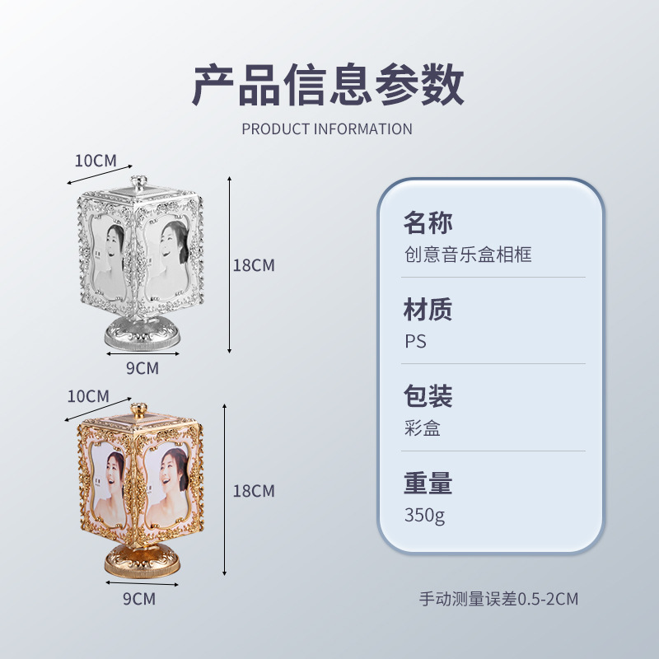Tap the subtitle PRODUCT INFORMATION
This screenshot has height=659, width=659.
tap(327, 129)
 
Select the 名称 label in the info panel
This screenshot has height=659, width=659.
tap(428, 222)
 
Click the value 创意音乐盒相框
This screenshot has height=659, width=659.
tap(467, 255)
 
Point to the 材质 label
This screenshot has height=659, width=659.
tap(428, 310)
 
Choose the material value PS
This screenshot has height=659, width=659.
tap(415, 341)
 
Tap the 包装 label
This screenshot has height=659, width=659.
tap(428, 396)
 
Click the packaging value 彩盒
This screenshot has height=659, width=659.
tap(422, 428)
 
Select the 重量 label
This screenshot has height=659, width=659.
tap(428, 483)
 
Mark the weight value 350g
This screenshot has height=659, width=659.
tap(425, 516)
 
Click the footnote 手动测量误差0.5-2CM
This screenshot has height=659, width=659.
tap(498, 599)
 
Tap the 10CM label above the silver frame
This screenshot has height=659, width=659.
tap(96, 160)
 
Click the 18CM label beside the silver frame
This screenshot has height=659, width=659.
tap(253, 265)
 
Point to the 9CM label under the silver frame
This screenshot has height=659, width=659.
tap(142, 368)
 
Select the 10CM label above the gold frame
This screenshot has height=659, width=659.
tap(88, 395)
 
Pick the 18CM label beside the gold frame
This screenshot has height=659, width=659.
tap(253, 491)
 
